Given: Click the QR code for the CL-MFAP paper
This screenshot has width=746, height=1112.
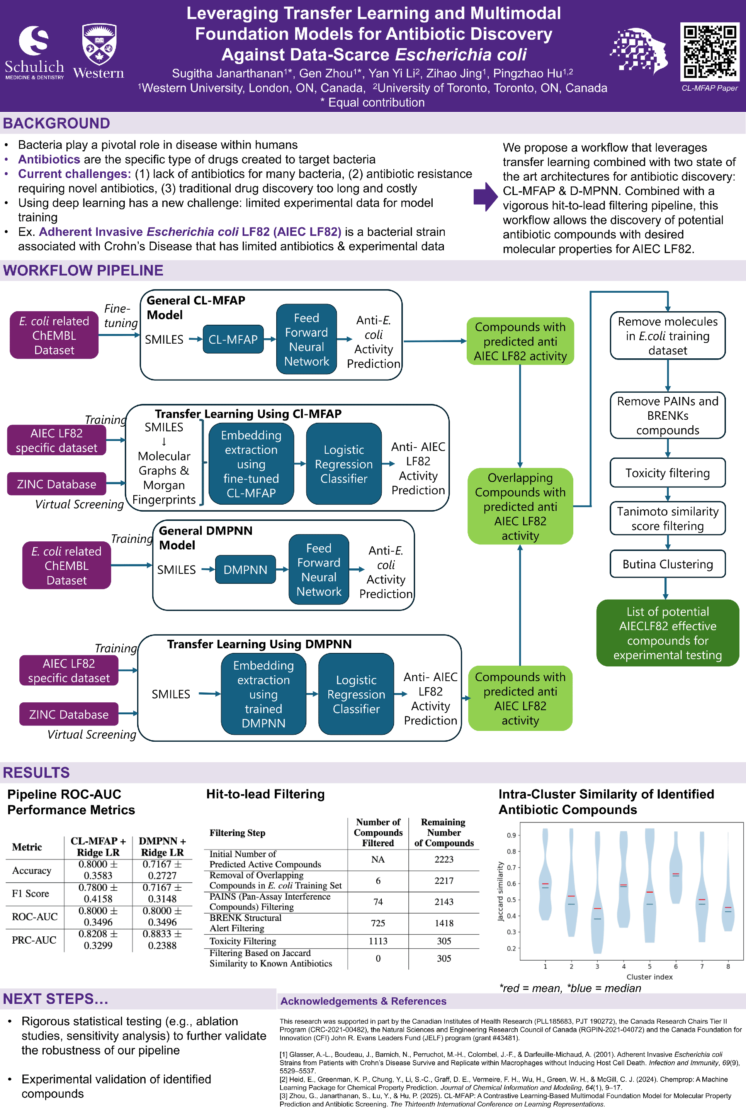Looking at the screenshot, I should [709, 52].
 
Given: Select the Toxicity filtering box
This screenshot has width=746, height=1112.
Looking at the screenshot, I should [667, 473].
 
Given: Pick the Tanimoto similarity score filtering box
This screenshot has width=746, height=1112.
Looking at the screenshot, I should [667, 518].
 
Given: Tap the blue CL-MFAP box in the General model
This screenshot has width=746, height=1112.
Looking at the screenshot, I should [233, 339].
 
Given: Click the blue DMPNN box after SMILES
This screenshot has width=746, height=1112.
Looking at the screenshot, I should [245, 569].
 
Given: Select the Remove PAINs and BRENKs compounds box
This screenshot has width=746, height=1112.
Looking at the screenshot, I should [667, 415].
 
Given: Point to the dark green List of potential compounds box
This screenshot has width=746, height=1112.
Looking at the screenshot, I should [667, 633].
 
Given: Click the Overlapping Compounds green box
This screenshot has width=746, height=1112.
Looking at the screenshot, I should [520, 506].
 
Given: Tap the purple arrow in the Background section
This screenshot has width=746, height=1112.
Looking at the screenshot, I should [485, 197].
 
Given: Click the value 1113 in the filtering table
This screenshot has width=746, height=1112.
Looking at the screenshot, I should [378, 941].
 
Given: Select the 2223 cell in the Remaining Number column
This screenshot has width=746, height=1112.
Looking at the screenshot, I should [444, 859].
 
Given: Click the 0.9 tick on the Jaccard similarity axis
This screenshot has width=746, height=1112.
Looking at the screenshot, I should [511, 835].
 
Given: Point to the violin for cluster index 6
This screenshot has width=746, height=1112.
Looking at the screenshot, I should [676, 870].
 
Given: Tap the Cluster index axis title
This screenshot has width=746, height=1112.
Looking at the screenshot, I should [649, 976].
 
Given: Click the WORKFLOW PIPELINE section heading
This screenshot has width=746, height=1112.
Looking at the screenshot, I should [83, 271].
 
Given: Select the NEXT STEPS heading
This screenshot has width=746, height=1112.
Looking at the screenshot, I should [56, 999].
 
